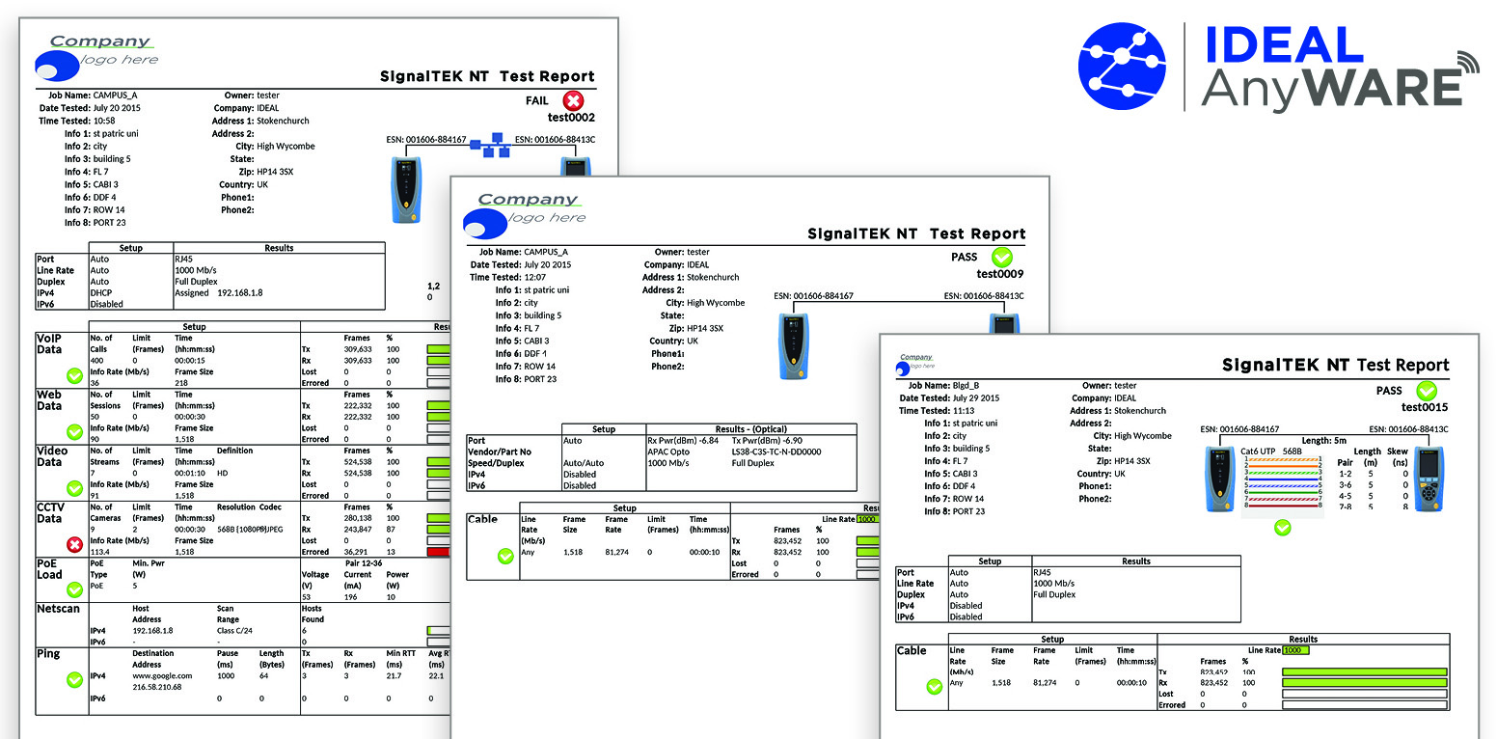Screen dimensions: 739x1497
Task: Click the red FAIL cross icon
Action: click(x=574, y=100)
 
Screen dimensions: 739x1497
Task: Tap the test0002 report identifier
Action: click(x=571, y=118)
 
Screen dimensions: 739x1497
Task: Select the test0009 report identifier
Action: click(x=1000, y=274)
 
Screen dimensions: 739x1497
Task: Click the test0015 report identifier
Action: click(x=1425, y=407)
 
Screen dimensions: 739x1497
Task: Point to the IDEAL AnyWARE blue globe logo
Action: click(x=1123, y=66)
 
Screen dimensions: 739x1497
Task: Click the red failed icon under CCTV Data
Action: click(x=74, y=544)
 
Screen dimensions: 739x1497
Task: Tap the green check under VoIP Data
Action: click(x=74, y=375)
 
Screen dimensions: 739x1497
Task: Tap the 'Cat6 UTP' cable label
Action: click(x=1257, y=452)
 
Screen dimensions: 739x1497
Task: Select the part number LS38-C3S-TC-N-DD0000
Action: click(x=776, y=452)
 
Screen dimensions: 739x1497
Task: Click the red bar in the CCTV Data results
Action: click(x=439, y=552)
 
